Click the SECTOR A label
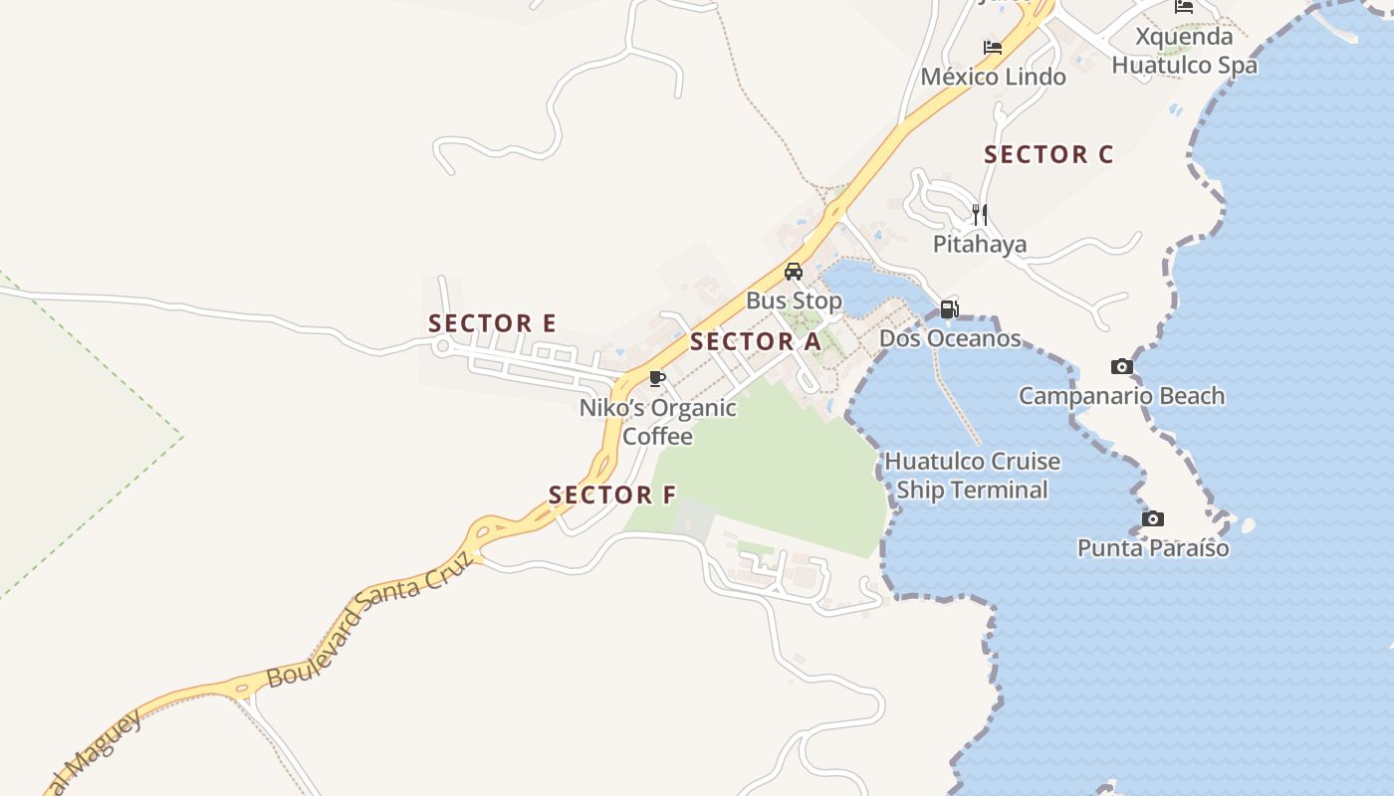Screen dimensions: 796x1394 click(756, 342)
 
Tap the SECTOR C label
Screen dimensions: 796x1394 click(1048, 155)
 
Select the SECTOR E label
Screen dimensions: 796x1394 click(492, 323)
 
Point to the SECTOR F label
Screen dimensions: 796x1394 click(612, 495)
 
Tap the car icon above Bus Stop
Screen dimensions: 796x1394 click(794, 272)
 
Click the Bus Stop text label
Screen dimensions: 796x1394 click(794, 300)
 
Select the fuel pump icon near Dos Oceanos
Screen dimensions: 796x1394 click(949, 309)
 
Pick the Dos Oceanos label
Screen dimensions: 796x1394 click(950, 338)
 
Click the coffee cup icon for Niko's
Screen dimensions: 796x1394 click(656, 378)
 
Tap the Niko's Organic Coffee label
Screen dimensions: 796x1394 click(658, 422)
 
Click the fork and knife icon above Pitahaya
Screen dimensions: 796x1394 click(980, 214)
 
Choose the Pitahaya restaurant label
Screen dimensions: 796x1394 click(980, 244)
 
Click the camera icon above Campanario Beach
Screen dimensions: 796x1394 click(1122, 367)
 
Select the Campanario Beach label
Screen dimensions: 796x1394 click(1121, 396)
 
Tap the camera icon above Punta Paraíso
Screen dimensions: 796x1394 click(1153, 519)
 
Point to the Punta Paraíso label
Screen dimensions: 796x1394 click(1153, 548)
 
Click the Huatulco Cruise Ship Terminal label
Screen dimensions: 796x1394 click(973, 476)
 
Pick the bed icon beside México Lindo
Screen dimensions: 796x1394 click(992, 47)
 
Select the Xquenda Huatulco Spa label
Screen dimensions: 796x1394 click(1185, 52)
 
